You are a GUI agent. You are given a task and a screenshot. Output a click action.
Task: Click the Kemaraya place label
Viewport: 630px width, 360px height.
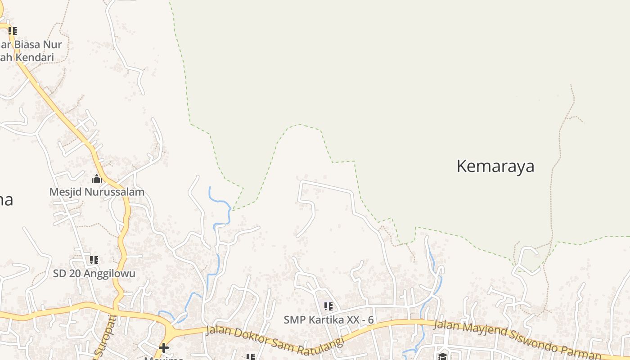click(495, 166)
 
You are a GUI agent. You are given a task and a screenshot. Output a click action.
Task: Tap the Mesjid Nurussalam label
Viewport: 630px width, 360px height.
click(97, 192)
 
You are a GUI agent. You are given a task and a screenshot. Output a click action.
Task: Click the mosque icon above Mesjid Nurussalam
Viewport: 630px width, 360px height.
click(97, 179)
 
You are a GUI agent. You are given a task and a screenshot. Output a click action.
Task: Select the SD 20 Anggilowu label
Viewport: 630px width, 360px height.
click(94, 273)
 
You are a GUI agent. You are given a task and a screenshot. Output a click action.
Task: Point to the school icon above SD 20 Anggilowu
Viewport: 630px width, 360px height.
click(94, 260)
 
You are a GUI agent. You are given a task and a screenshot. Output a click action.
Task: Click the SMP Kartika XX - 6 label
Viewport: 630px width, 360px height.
click(328, 319)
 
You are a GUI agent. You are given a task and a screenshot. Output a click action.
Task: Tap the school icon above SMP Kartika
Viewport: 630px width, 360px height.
click(328, 306)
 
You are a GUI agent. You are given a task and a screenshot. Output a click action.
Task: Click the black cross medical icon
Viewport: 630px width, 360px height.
click(164, 348)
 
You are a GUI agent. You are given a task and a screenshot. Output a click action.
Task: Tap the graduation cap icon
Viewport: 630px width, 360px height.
click(443, 356)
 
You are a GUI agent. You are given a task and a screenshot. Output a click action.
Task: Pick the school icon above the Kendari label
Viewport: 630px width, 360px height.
click(13, 31)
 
